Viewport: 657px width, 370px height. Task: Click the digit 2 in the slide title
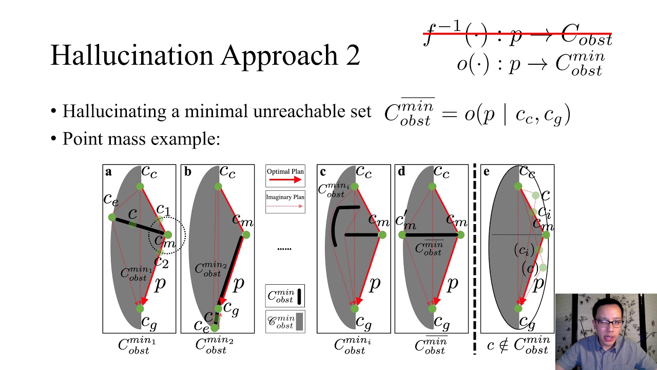(353, 55)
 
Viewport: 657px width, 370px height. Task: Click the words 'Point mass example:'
(141, 139)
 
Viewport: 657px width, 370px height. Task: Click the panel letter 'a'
(108, 172)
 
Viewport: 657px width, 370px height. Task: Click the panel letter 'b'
(187, 172)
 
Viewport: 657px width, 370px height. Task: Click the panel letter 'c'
(322, 172)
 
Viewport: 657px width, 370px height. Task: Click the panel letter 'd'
(401, 172)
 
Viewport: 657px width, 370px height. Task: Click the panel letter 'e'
(486, 172)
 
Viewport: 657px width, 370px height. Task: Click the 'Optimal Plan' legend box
(285, 176)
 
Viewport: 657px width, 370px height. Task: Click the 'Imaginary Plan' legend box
(285, 201)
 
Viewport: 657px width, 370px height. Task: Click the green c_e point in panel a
(112, 217)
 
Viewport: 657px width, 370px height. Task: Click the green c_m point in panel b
(246, 235)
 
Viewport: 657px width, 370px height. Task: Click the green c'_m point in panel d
(402, 235)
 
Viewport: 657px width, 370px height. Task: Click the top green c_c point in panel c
(354, 187)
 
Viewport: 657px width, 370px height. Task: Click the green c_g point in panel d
(432, 308)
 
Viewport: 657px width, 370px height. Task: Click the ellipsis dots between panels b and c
(284, 249)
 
